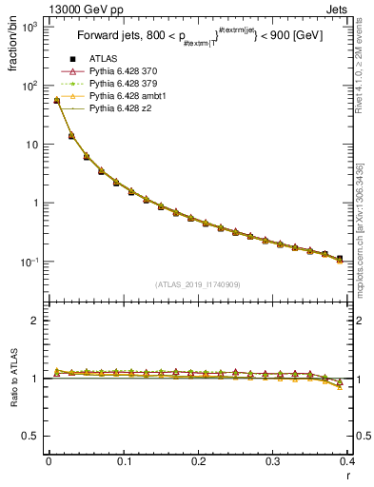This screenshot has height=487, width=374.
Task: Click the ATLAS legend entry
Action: [101, 60]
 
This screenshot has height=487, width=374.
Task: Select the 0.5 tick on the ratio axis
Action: [31, 437]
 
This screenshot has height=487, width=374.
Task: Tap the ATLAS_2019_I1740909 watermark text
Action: [198, 285]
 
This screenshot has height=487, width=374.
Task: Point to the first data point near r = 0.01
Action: [56, 100]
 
